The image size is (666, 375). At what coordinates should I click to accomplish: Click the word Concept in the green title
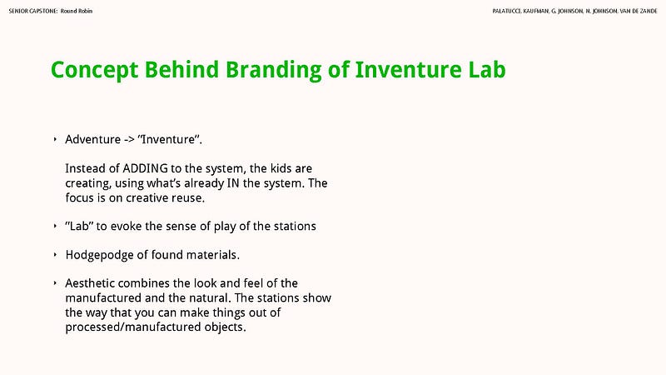[x=94, y=70]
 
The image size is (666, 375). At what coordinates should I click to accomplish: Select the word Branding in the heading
[x=273, y=70]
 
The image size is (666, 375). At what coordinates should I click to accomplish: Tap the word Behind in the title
[x=181, y=69]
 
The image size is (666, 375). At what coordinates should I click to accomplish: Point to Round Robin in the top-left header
[x=77, y=11]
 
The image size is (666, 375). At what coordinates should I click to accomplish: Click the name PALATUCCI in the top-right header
[x=507, y=11]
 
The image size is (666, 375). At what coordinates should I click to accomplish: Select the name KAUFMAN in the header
[x=536, y=11]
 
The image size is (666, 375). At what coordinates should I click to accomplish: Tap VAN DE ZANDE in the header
[x=639, y=11]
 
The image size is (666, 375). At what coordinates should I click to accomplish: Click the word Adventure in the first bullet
[x=92, y=139]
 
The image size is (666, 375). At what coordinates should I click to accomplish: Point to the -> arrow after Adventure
[x=129, y=140]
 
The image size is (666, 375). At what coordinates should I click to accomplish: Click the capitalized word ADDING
[x=145, y=168]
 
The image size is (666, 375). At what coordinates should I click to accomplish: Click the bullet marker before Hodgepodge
[x=55, y=255]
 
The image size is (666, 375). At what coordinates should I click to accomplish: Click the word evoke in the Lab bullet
[x=127, y=226]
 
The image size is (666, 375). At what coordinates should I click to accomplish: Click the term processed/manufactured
[x=133, y=327]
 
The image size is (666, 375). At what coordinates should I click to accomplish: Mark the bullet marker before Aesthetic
[x=55, y=283]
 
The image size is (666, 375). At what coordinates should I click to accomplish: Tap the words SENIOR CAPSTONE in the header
[x=33, y=11]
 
